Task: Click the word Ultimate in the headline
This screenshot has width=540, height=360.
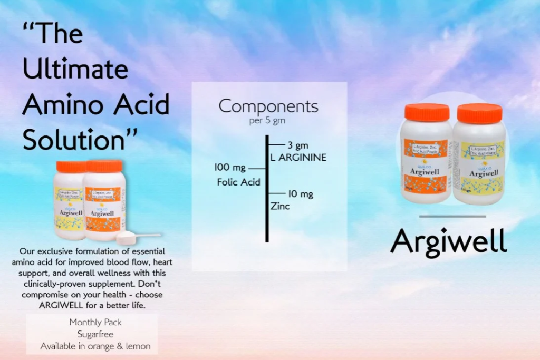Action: coord(75,69)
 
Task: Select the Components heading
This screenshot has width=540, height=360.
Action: coord(268,106)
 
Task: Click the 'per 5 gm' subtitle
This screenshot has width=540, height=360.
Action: coord(268,121)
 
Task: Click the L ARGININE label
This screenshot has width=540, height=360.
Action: coord(298,157)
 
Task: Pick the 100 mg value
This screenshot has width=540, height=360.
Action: coord(230,168)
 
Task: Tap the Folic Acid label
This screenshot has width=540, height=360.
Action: coord(238,182)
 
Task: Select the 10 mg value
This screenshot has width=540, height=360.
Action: coord(301,194)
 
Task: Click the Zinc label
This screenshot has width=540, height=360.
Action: coord(279,206)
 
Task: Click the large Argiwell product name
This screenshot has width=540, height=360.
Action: coord(449,241)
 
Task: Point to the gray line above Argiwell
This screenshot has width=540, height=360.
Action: coord(452,216)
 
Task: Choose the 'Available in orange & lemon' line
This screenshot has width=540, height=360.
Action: coord(95,346)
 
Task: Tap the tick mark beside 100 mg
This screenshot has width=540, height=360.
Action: coord(257,168)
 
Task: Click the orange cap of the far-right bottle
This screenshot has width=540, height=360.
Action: coord(479,113)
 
